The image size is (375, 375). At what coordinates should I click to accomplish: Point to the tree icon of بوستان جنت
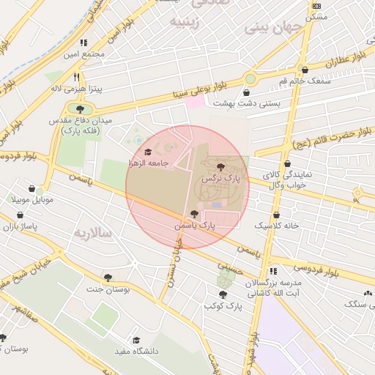click(108, 278)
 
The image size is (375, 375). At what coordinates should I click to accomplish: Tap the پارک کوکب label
click(223, 304)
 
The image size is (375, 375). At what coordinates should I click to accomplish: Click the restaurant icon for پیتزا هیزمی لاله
click(75, 76)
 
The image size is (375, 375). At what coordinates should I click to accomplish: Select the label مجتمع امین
click(84, 53)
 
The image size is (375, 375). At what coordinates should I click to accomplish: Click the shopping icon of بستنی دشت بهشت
click(246, 92)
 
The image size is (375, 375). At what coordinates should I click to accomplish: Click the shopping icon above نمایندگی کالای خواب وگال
click(288, 164)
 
